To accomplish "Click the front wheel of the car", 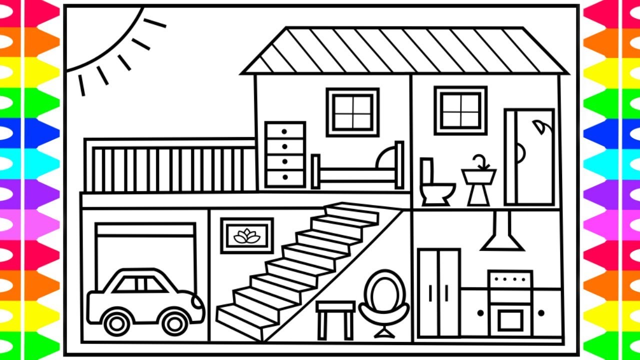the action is (175, 322).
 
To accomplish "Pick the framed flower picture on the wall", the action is (247, 235).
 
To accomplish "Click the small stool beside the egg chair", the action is (335, 317).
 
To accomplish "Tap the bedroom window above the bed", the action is (352, 112).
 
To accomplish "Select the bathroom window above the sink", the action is (460, 110).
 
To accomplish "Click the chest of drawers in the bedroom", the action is (285, 154).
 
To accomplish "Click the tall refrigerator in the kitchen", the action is (439, 292).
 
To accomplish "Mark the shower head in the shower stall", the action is (539, 126).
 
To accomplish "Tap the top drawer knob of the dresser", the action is (284, 132).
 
